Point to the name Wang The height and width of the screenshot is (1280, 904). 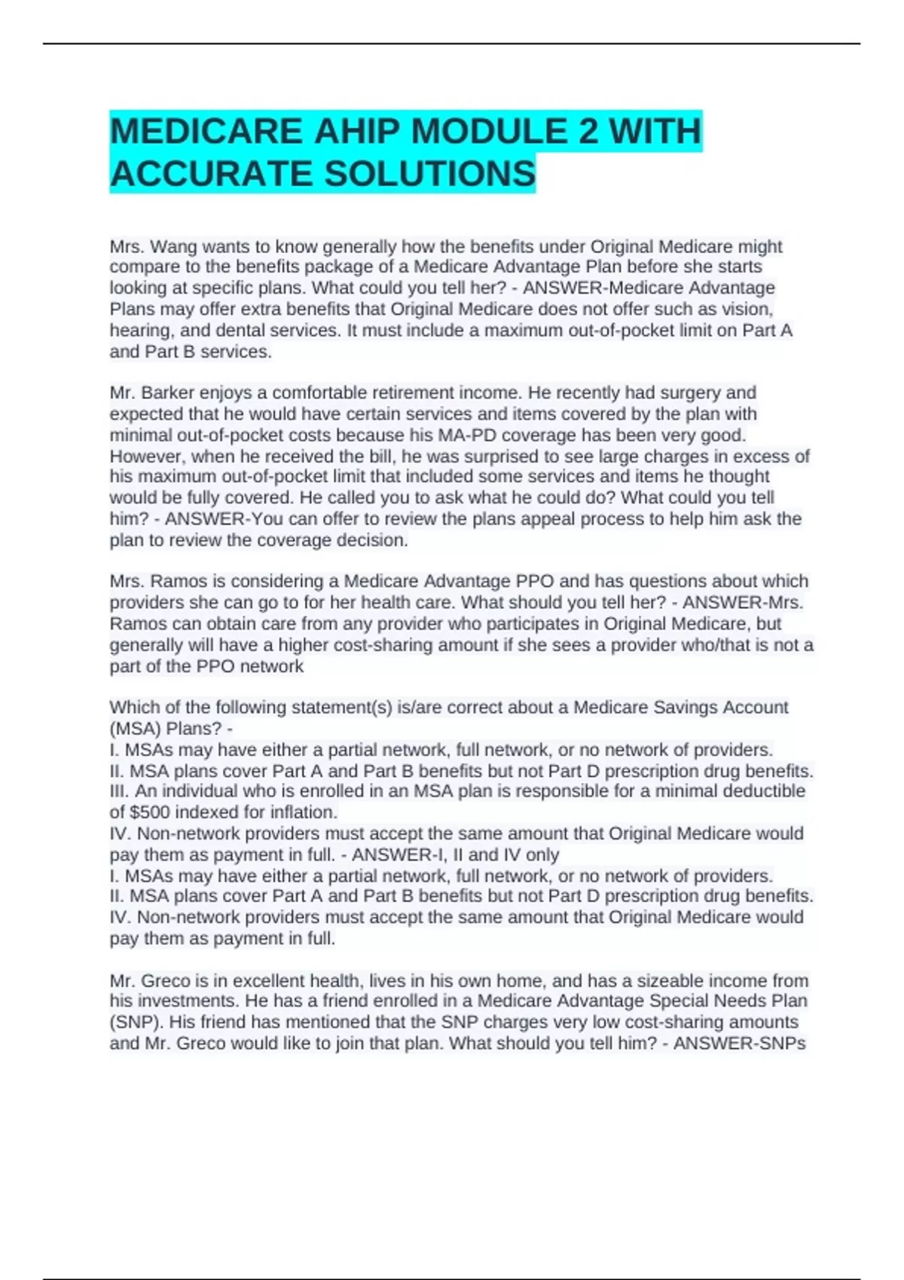[176, 247]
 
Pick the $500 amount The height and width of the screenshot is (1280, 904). [150, 812]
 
